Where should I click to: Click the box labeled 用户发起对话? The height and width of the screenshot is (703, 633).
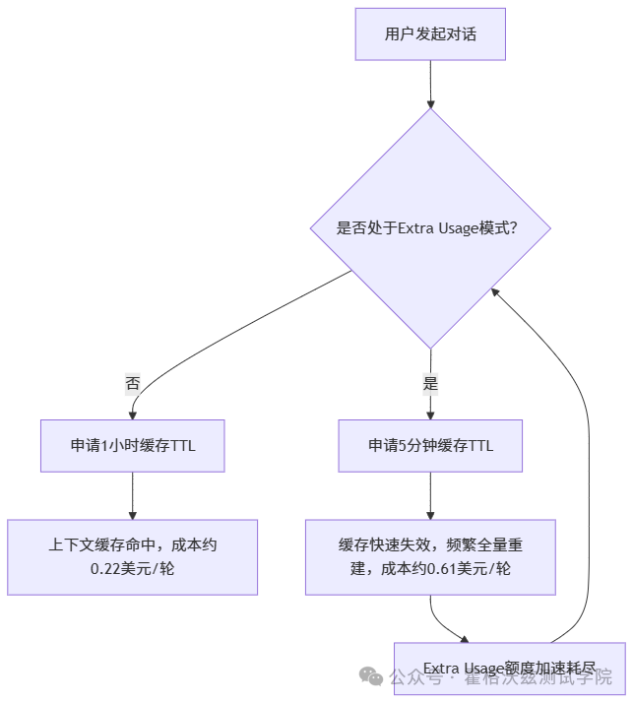tap(430, 33)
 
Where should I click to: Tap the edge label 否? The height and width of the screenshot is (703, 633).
tap(132, 384)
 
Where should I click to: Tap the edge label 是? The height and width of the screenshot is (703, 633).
tap(430, 384)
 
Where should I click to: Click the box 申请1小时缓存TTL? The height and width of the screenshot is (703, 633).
tap(132, 445)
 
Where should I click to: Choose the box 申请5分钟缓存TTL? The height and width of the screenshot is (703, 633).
tap(430, 445)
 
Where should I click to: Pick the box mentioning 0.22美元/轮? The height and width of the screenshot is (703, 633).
tap(132, 556)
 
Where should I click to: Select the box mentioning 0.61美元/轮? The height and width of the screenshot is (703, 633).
tap(430, 556)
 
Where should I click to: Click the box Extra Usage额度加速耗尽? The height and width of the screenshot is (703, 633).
tap(509, 668)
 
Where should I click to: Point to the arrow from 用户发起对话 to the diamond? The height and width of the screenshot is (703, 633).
tap(430, 84)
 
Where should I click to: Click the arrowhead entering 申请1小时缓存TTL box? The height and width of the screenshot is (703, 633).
tap(132, 414)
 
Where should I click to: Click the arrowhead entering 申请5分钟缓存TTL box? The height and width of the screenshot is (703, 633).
tap(430, 414)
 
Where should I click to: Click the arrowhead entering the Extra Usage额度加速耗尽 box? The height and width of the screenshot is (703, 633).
tap(463, 638)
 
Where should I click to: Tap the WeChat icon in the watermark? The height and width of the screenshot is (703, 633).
tap(371, 676)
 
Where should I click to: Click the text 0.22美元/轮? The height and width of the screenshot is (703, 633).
tap(132, 568)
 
